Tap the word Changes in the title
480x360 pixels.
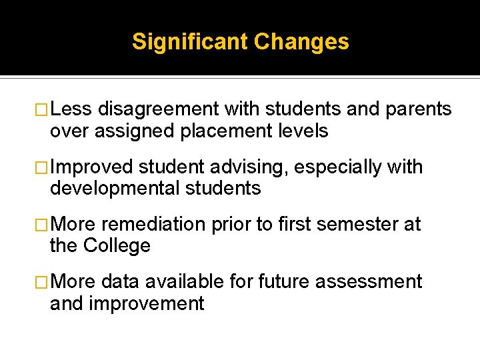(301, 42)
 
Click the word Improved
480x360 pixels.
(91, 167)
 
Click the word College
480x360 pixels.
(117, 245)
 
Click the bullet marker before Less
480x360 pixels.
(43, 109)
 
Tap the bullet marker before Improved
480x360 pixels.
(43, 167)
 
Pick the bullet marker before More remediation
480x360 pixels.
(43, 224)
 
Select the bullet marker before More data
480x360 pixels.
(43, 281)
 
